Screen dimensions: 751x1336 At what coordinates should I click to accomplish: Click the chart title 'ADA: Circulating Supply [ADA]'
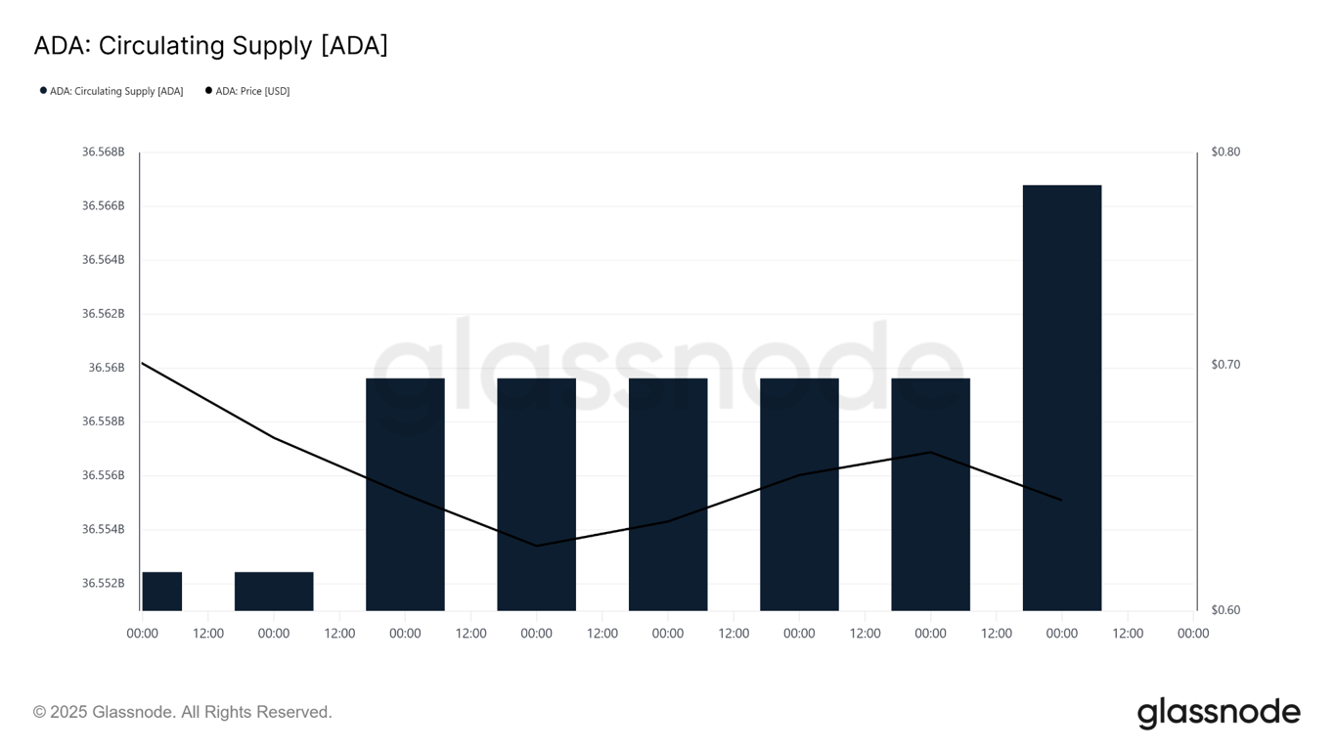pyautogui.click(x=210, y=46)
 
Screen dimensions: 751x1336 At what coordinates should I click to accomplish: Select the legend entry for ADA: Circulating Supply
pyautogui.click(x=111, y=91)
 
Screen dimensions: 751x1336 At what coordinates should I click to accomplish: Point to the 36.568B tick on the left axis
pyautogui.click(x=103, y=152)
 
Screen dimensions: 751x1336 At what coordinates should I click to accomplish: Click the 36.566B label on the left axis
pyautogui.click(x=103, y=205)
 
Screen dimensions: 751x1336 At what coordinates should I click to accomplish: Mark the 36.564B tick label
pyautogui.click(x=103, y=259)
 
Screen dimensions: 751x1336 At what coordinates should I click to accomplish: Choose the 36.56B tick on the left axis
pyautogui.click(x=107, y=368)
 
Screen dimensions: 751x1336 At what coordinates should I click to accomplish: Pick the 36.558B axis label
pyautogui.click(x=103, y=421)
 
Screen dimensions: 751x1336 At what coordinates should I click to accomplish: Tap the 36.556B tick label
pyautogui.click(x=103, y=475)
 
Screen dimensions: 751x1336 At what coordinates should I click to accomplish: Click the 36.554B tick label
pyautogui.click(x=103, y=529)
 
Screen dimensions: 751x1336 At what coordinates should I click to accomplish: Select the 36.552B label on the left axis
pyautogui.click(x=103, y=583)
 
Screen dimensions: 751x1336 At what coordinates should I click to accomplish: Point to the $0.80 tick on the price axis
pyautogui.click(x=1225, y=152)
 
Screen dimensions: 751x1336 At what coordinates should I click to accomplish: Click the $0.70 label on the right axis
pyautogui.click(x=1225, y=364)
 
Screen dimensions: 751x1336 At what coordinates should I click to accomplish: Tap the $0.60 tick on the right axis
pyautogui.click(x=1225, y=609)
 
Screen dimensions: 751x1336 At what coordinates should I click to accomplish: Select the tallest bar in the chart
pyautogui.click(x=1061, y=391)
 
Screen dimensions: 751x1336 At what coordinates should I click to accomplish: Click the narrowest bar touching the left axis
pyautogui.click(x=161, y=591)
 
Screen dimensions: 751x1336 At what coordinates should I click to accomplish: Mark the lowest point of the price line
pyautogui.click(x=536, y=546)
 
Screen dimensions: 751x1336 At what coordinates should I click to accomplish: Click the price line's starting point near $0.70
pyautogui.click(x=143, y=363)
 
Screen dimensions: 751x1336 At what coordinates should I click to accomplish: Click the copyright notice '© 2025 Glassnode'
pyautogui.click(x=182, y=712)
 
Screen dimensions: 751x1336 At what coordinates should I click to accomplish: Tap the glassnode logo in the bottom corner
pyautogui.click(x=1218, y=713)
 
